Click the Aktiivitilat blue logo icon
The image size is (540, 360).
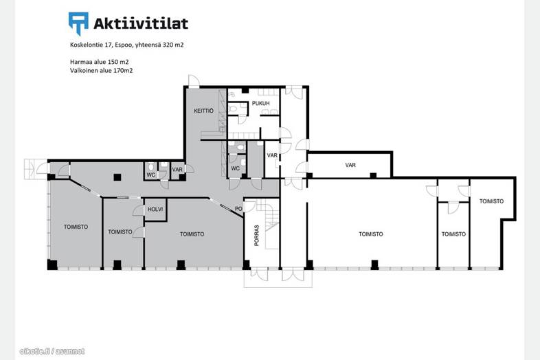point(78,23)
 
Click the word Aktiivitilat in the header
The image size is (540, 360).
point(141,23)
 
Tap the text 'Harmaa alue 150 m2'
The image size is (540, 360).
point(100,62)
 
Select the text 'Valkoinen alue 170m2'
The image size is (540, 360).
point(101,71)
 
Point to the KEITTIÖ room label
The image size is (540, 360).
point(203,111)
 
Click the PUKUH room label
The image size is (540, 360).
point(260,103)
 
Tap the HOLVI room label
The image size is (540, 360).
point(155,209)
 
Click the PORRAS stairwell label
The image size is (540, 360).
point(256,235)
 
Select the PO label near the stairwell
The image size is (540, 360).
point(238,209)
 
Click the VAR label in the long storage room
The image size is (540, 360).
point(350,165)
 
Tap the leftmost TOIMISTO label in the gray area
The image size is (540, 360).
point(76,227)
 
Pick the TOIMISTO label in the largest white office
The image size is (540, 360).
point(370,234)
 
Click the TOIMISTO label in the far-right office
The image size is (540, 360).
point(491,201)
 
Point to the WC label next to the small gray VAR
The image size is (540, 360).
point(151,175)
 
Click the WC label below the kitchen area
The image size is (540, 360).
point(235,168)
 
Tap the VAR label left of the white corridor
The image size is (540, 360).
point(272,155)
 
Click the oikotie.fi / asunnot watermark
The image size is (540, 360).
point(52,351)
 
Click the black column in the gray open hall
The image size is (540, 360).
point(117,177)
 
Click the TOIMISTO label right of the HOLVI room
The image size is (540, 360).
point(192,234)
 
